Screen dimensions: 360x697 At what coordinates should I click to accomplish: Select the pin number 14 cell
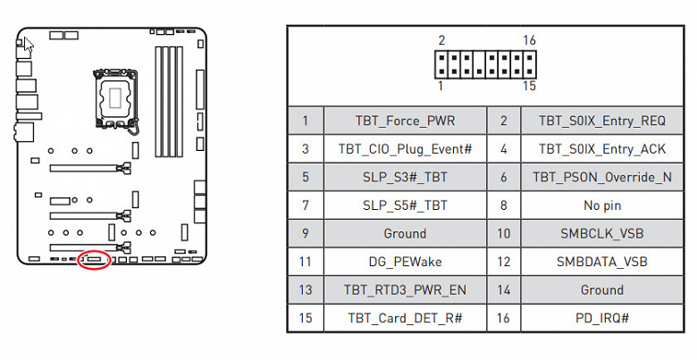tap(504, 289)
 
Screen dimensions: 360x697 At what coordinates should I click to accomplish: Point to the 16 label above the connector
tap(530, 41)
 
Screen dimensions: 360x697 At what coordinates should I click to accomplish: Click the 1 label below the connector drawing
tap(441, 86)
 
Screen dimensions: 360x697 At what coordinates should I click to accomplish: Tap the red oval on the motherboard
tap(94, 260)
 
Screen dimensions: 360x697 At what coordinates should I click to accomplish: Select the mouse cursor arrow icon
tap(28, 45)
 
